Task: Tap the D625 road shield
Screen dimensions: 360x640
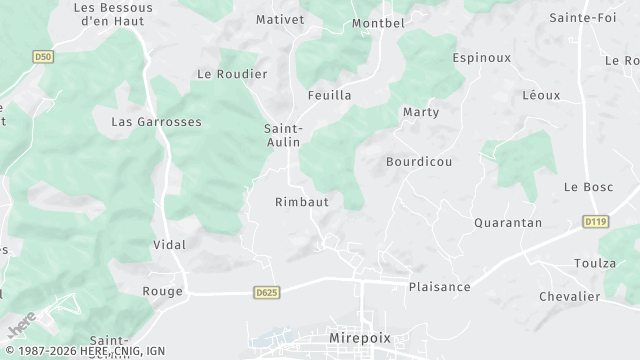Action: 265,292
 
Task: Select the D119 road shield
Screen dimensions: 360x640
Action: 596,221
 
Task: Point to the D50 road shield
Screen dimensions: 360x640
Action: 42,57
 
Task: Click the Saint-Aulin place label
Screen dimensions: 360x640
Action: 284,135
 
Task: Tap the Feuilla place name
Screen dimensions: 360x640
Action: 330,96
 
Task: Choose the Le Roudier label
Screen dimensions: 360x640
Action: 232,74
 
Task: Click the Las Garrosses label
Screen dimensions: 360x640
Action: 156,122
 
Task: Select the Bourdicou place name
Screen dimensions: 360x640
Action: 419,161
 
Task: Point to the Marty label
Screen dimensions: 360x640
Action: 421,112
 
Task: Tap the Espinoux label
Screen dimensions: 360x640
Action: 481,58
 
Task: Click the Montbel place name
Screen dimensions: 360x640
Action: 378,23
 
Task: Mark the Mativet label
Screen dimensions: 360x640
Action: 279,19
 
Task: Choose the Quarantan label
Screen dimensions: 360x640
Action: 508,223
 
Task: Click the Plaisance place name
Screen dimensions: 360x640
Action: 439,287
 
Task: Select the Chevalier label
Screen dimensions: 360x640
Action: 569,296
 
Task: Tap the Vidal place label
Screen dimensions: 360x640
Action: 169,245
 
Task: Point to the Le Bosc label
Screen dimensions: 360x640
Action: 588,187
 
